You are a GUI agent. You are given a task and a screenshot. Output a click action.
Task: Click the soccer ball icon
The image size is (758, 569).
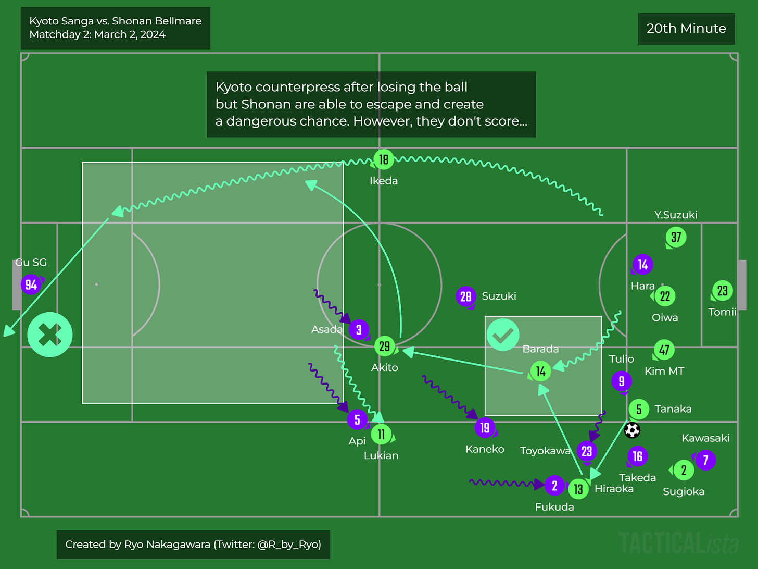pyautogui.click(x=632, y=430)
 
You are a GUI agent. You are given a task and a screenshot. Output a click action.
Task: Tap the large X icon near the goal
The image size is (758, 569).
pyautogui.click(x=50, y=335)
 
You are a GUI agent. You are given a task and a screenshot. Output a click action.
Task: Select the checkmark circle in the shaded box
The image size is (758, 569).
pyautogui.click(x=503, y=335)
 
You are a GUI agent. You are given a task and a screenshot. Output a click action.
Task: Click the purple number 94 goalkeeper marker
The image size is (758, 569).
pyautogui.click(x=31, y=284)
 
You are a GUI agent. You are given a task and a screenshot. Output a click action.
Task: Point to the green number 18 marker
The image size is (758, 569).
pyautogui.click(x=384, y=159)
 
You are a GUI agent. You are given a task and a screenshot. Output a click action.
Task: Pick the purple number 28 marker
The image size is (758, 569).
pyautogui.click(x=465, y=296)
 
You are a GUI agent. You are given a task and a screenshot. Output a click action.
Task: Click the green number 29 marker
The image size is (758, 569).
pyautogui.click(x=384, y=346)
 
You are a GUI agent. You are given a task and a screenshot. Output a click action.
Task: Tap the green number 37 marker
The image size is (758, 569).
pyautogui.click(x=676, y=238)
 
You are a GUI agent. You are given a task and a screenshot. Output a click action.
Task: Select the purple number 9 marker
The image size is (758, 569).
pyautogui.click(x=622, y=381)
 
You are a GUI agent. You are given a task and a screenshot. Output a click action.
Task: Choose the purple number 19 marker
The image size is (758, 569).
pyautogui.click(x=485, y=428)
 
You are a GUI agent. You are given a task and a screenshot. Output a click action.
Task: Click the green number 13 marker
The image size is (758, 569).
pyautogui.click(x=578, y=489)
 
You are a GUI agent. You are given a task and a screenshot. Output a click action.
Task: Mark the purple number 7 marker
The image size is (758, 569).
pyautogui.click(x=705, y=460)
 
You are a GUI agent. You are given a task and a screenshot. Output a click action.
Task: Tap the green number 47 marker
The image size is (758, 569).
pyautogui.click(x=664, y=350)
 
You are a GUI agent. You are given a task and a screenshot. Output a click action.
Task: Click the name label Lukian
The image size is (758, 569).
pyautogui.click(x=381, y=455)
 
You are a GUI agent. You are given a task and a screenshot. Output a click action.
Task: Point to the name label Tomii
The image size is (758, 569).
pyautogui.click(x=722, y=312)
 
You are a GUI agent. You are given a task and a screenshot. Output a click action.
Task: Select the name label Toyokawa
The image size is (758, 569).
pyautogui.click(x=545, y=451)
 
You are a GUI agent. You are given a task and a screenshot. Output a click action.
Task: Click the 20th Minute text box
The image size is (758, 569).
pyautogui.click(x=686, y=29)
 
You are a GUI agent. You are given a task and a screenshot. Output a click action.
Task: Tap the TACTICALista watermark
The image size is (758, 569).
pyautogui.click(x=679, y=543)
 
